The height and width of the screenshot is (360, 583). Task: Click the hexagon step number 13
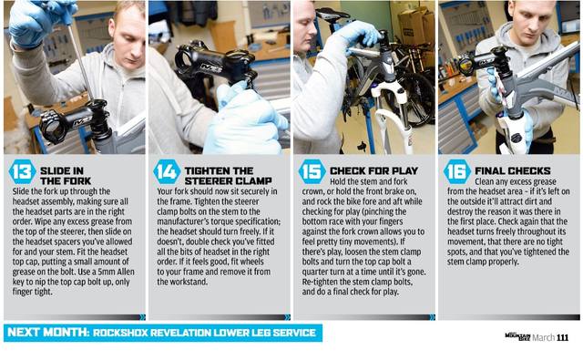coord(22,172)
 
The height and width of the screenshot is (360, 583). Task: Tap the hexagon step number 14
coord(167,172)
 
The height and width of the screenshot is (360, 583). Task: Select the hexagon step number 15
coord(312,172)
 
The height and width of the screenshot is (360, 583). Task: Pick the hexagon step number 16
coord(457,172)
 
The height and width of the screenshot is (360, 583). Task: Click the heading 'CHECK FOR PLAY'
coord(374,171)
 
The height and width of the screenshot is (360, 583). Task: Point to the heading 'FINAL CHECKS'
coord(513,171)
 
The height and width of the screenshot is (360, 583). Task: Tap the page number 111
coord(563,338)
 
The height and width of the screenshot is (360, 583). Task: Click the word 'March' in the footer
coord(544,338)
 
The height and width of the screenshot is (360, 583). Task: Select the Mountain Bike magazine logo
coord(518,337)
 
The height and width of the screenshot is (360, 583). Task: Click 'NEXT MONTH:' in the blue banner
coord(48,332)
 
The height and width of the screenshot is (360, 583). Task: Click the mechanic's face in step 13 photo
coord(128,37)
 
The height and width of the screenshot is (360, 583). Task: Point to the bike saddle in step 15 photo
coord(332,15)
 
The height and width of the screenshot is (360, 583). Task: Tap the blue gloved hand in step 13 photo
coord(40,22)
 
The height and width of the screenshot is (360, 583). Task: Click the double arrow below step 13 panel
coord(142,317)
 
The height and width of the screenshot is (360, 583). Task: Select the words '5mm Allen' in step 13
coord(114,272)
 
